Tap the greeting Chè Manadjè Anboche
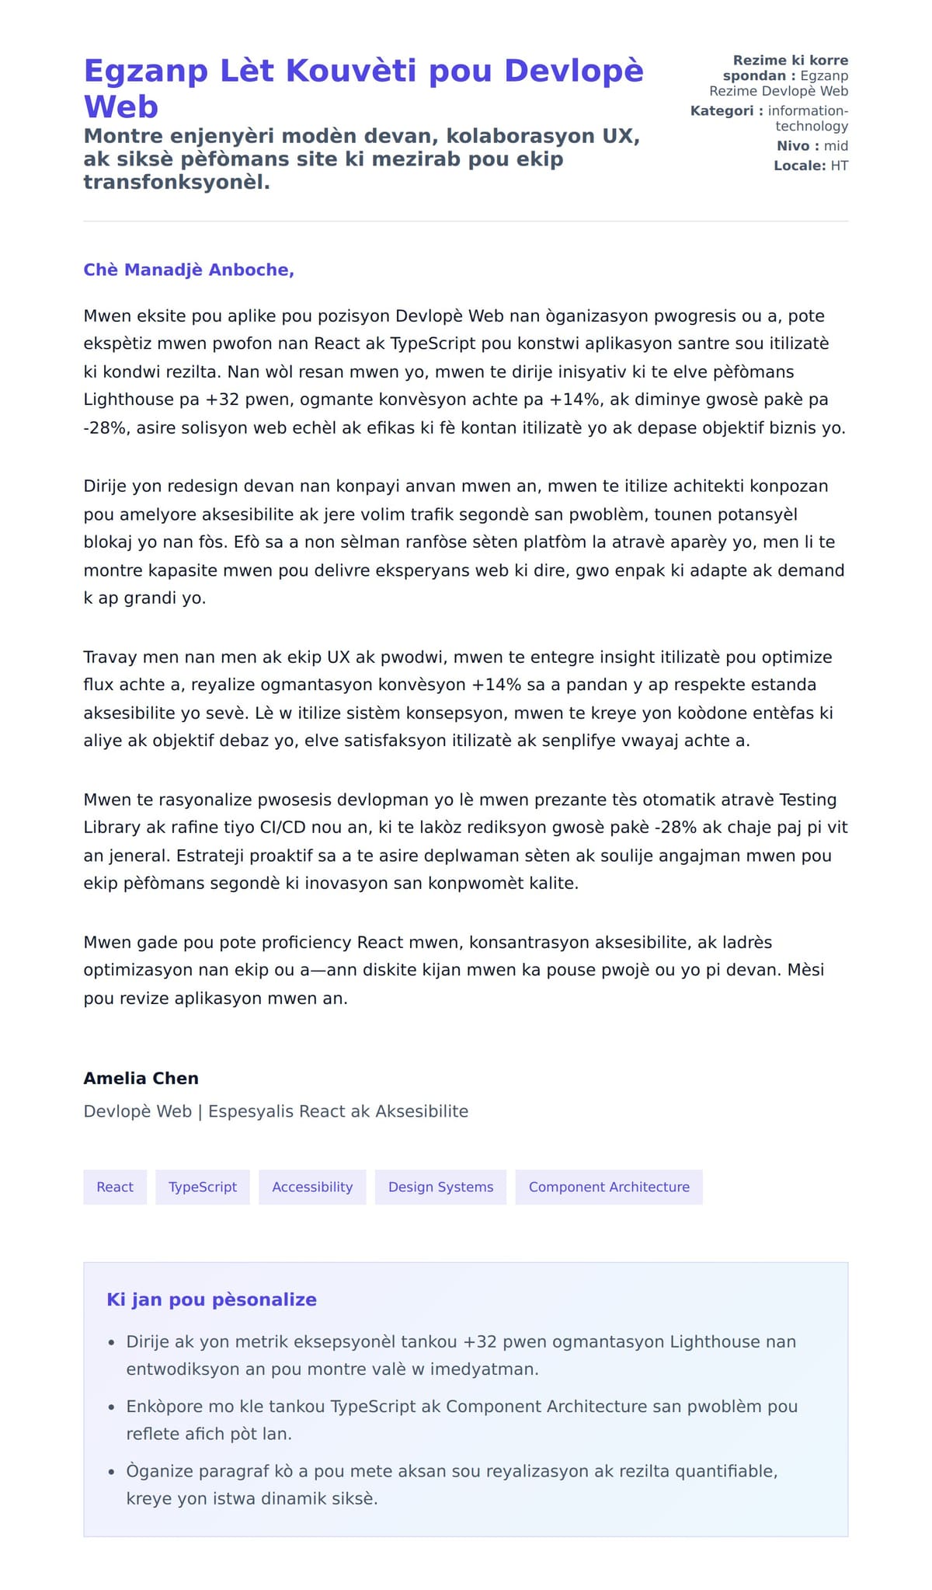(189, 270)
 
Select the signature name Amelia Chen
(141, 1078)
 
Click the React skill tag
(115, 1187)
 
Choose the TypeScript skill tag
(203, 1187)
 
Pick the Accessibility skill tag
(312, 1187)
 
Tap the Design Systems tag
(440, 1187)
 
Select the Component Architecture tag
(609, 1187)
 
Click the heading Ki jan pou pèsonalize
(211, 1299)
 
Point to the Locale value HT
(839, 166)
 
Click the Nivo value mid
(836, 145)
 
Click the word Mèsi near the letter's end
(805, 970)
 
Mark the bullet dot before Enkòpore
(111, 1407)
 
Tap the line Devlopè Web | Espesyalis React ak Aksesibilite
(276, 1111)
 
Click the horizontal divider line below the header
(466, 221)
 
